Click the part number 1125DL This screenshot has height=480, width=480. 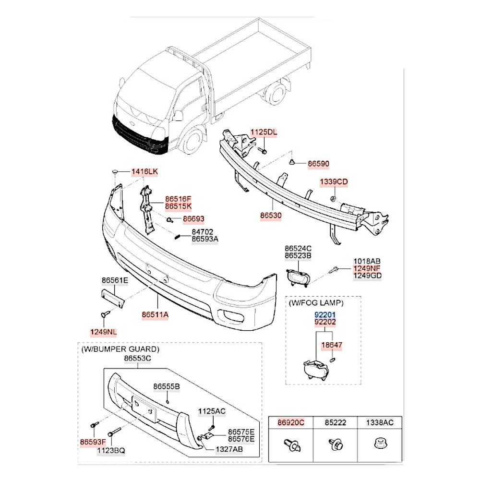click(x=264, y=132)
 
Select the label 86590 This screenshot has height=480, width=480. click(x=318, y=164)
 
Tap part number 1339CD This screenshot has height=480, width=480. click(x=334, y=182)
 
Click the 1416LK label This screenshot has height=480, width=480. click(x=144, y=171)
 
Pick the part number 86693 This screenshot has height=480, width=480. click(x=193, y=219)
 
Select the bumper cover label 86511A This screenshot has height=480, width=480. click(x=155, y=315)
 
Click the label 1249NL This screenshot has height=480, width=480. click(x=103, y=332)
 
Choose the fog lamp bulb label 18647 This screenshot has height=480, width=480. click(x=333, y=345)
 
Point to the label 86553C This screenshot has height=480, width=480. click(x=137, y=358)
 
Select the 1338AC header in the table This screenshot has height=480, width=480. click(x=380, y=422)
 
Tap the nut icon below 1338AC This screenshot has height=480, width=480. click(x=380, y=443)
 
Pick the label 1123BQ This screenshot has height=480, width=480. click(x=111, y=450)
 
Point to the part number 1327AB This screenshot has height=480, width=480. click(x=229, y=449)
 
